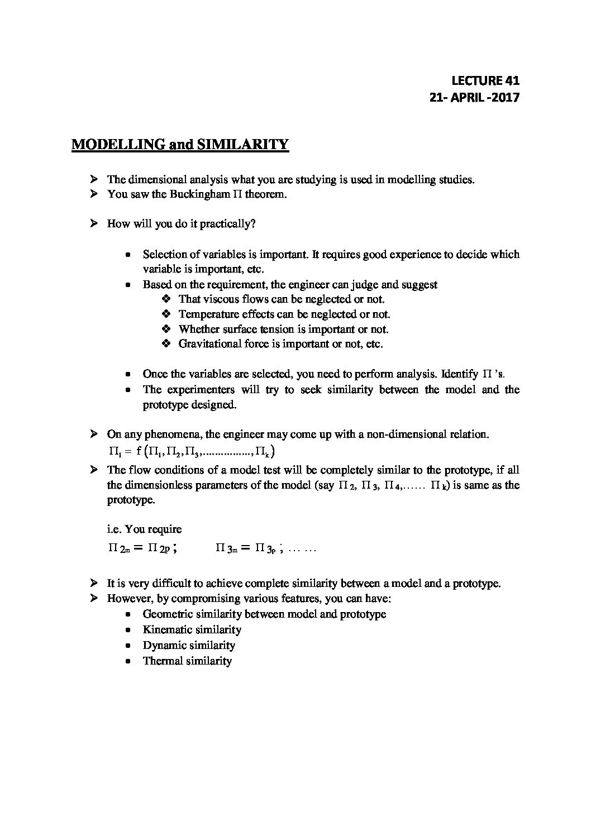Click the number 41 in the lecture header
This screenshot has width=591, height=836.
(511, 80)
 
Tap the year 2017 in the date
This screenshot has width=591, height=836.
(506, 97)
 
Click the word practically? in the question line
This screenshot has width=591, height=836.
(228, 224)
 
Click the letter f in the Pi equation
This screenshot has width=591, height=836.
(139, 451)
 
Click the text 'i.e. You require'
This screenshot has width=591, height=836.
(144, 529)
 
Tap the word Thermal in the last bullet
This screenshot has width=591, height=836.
(163, 661)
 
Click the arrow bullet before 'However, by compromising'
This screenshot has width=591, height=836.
(94, 599)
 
